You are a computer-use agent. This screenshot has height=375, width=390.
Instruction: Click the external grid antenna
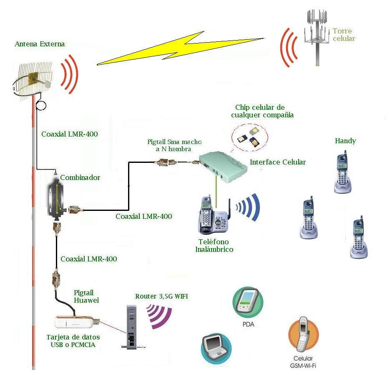[x=33, y=79]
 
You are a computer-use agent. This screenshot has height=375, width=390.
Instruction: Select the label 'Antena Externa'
[x=40, y=44]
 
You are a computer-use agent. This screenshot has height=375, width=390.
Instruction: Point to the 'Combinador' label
[x=80, y=177]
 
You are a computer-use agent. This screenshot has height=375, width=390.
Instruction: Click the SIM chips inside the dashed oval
[x=249, y=136]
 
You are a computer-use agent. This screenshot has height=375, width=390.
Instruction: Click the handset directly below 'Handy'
[x=342, y=173]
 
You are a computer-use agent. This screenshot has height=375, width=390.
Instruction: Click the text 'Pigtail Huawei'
[x=86, y=296]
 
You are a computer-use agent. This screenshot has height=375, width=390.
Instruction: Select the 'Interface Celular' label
[x=277, y=162]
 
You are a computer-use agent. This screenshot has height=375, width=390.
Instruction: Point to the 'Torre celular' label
[x=343, y=35]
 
